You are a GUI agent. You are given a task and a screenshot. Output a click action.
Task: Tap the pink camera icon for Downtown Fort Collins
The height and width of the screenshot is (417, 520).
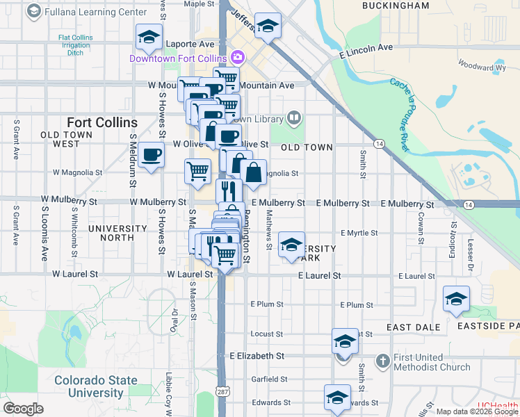point(238,57)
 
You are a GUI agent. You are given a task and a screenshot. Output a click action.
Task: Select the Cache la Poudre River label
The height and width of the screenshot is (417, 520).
point(400,115)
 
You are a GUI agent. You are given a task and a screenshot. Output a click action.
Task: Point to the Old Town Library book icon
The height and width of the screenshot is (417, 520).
point(294,118)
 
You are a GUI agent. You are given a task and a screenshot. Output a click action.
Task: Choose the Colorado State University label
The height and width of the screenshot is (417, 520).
point(96,386)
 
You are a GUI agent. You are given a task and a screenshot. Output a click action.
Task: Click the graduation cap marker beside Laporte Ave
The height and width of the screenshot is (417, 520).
point(149,38)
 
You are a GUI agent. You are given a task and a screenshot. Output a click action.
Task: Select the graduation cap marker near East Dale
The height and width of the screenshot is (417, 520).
point(456,298)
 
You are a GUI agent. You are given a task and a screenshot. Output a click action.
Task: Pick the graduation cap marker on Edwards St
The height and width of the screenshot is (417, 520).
point(337,398)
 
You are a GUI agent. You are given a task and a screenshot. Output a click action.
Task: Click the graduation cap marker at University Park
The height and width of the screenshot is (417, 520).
point(291,244)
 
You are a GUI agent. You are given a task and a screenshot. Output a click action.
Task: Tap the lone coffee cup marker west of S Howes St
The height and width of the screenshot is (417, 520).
point(151,154)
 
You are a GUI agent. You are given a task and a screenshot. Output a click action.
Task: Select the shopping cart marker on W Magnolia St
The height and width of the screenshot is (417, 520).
point(198,171)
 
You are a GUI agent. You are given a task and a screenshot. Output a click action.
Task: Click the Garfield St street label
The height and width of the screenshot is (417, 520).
point(270,379)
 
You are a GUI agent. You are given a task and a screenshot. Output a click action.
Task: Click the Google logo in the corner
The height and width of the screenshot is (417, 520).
point(23,409)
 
